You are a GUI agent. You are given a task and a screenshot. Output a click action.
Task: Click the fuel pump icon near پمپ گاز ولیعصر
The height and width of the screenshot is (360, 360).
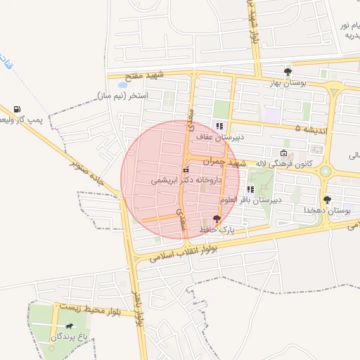[x=17, y=110]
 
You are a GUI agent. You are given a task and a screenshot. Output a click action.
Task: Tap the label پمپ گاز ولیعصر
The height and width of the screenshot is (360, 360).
[x=20, y=120]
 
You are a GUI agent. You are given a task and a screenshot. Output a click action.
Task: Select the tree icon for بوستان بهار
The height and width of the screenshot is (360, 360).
[x=287, y=72]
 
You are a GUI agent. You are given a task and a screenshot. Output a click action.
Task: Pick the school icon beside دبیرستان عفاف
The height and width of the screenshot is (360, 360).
[x=219, y=125]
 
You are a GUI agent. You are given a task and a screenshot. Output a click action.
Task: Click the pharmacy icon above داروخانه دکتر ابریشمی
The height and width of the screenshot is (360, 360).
[x=186, y=170]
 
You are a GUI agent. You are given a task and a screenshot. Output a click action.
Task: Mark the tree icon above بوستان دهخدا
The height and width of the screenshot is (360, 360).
[x=327, y=200]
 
